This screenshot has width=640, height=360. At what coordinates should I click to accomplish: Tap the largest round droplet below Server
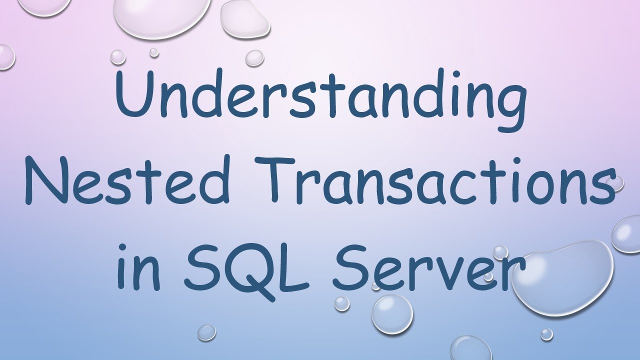click(x=392, y=312)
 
